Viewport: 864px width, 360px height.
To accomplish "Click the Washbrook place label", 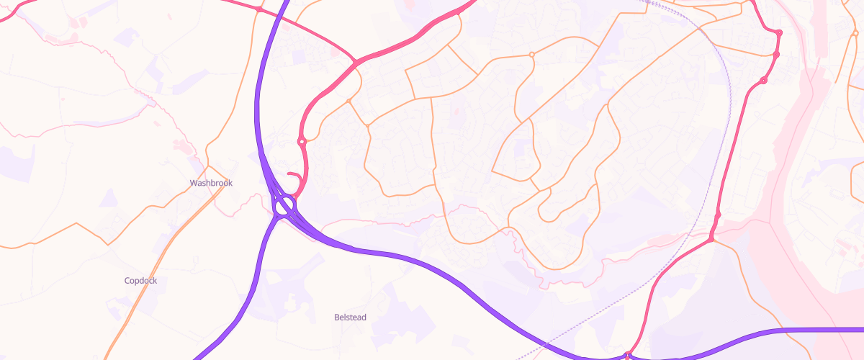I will pyautogui.click(x=212, y=183).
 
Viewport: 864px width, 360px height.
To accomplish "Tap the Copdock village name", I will pyautogui.click(x=140, y=281).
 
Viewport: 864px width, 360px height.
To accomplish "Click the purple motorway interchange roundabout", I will pyautogui.click(x=284, y=206).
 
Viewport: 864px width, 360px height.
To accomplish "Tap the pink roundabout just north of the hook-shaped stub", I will pyautogui.click(x=302, y=142).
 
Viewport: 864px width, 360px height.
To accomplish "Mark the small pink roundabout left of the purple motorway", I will pyautogui.click(x=258, y=9).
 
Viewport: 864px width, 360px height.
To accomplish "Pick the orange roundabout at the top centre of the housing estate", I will pyautogui.click(x=532, y=55).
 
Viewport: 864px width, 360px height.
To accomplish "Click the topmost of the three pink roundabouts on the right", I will pyautogui.click(x=779, y=32).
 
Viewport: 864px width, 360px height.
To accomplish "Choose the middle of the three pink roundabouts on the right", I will pyautogui.click(x=776, y=55).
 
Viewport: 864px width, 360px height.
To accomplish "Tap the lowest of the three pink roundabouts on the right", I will pyautogui.click(x=763, y=81).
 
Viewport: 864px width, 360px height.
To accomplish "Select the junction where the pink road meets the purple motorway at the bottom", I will pyautogui.click(x=628, y=355).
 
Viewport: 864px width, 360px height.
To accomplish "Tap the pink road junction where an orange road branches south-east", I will pyautogui.click(x=711, y=240).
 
